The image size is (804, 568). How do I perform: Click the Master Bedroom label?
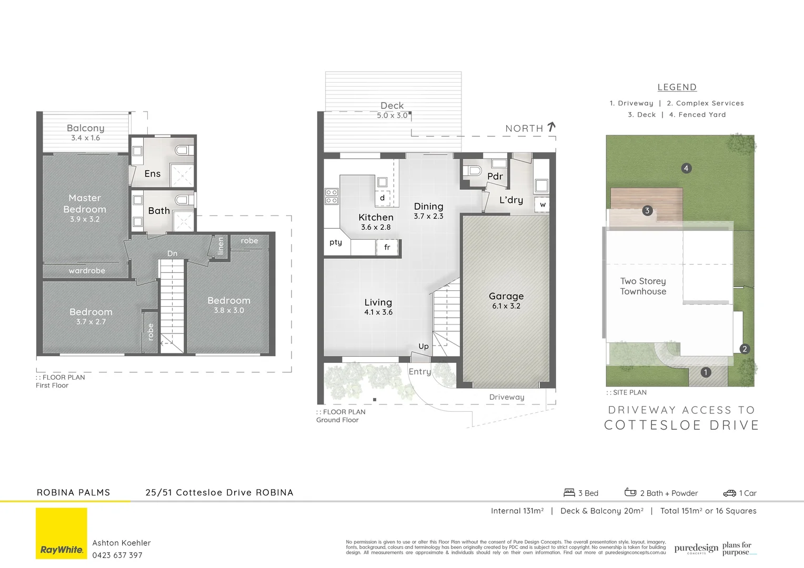point(85,204)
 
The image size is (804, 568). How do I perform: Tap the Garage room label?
point(506,296)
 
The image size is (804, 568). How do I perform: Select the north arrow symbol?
point(551,127)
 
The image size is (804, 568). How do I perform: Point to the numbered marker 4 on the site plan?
point(686,168)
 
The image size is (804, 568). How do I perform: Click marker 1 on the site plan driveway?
point(706,372)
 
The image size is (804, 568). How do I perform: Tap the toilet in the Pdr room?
point(474,170)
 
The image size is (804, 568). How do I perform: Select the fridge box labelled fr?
point(387,247)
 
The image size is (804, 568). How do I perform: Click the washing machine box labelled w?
point(542,205)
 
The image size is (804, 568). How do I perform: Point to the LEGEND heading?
point(677,87)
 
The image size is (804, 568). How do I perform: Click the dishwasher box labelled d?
point(382,198)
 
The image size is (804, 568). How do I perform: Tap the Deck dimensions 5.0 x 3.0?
point(392,116)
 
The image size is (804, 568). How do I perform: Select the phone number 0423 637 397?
point(117,555)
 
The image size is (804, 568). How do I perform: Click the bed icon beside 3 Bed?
point(569,493)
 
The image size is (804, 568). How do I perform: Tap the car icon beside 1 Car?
point(730,493)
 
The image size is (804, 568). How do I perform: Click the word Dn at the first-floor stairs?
point(172,253)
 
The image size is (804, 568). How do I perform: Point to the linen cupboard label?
point(221,246)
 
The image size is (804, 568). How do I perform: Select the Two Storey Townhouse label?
point(643,286)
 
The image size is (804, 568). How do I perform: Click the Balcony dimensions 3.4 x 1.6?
point(86,138)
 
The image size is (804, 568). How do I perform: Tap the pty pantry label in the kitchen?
point(336,242)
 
